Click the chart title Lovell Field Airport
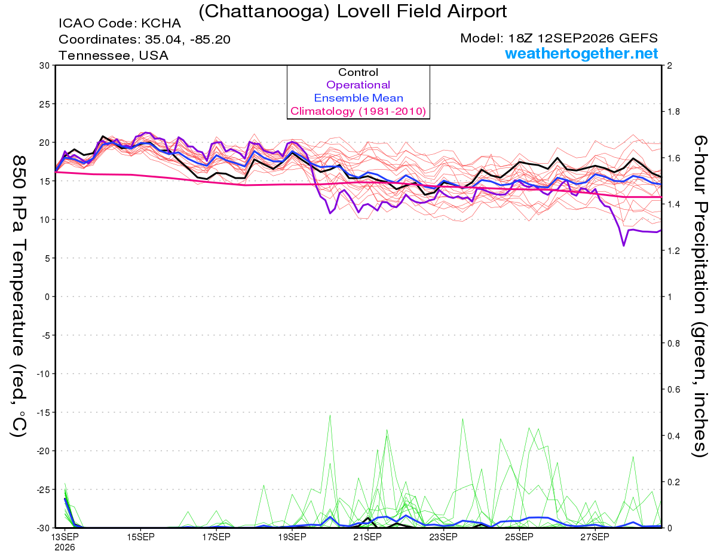coord(353,11)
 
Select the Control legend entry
coord(358,72)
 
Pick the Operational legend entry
coord(358,85)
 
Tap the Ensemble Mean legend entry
coord(358,98)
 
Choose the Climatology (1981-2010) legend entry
coord(358,111)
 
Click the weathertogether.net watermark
coord(581,53)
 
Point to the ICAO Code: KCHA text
coord(119,23)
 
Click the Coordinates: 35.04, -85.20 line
coord(145,39)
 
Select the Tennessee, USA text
coord(114,56)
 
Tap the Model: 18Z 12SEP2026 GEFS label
coord(559,38)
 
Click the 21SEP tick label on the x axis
coord(367,537)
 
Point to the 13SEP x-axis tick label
coord(65,537)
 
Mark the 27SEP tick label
coord(595,537)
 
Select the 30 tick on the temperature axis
coord(44,66)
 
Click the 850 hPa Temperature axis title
coord(19,296)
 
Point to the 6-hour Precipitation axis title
coord(700,296)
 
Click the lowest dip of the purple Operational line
coord(624,246)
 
